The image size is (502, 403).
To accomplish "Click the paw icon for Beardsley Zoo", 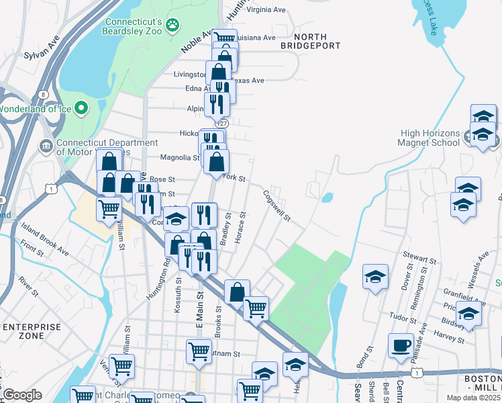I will coord(173,24).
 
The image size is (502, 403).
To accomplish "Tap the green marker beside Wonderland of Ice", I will coord(81,107).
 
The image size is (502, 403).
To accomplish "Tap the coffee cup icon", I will coord(401,345).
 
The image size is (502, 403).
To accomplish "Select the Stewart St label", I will coord(420,256).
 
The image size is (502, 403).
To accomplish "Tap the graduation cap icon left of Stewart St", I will coord(375,275).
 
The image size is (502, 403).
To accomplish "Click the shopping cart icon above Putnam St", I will coord(199,350).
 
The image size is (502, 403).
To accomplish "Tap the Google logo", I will coord(21,395).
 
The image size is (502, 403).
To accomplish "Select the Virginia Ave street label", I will coord(266,10).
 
